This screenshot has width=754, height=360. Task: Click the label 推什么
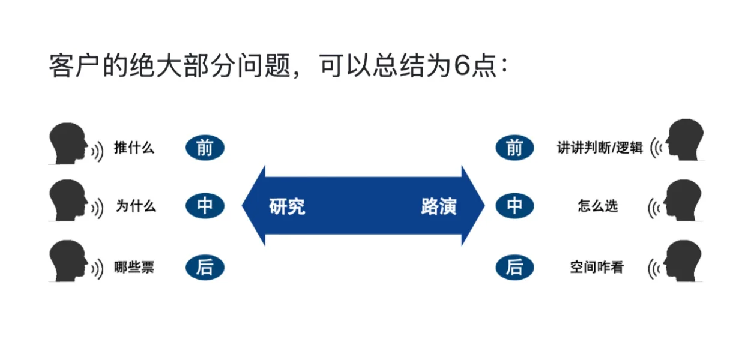tap(134, 148)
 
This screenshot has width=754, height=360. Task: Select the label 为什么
tap(136, 206)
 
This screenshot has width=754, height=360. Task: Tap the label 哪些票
tap(134, 267)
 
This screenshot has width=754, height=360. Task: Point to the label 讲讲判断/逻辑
tap(600, 148)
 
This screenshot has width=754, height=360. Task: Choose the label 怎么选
tap(597, 206)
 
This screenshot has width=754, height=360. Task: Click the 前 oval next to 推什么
tap(205, 148)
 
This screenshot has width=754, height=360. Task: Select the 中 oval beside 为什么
tap(205, 206)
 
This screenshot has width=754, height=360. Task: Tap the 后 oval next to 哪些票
tap(205, 267)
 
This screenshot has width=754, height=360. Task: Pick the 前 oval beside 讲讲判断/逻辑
tap(514, 148)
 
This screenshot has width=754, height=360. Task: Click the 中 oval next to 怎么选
tap(514, 206)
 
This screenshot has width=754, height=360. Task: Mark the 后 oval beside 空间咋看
tap(514, 267)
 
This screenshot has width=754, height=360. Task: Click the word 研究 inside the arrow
tap(287, 206)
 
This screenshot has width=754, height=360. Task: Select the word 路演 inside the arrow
tap(438, 206)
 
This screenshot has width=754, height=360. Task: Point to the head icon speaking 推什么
tap(68, 144)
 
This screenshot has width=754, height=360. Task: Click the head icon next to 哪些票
tap(68, 262)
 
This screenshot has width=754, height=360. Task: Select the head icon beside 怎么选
tap(684, 201)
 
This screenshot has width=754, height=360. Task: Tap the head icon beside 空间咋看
tap(684, 262)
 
